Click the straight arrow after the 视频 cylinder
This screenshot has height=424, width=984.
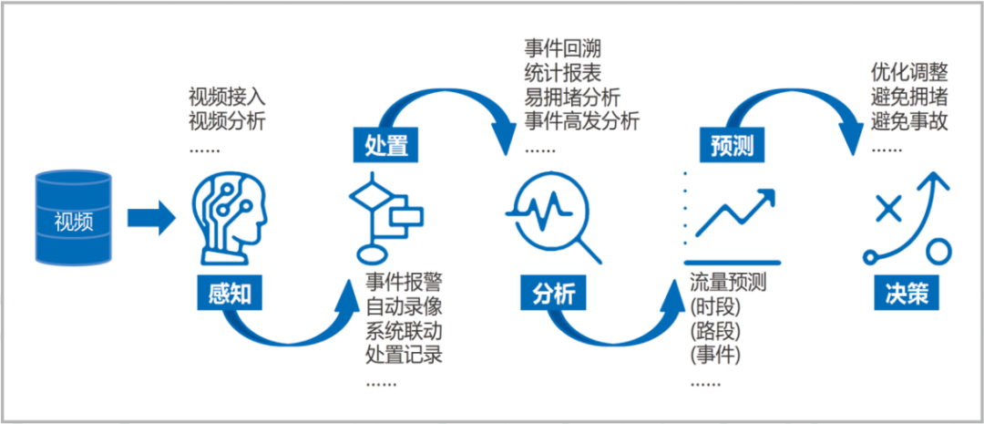coord(151,218)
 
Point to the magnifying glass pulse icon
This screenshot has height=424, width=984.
coord(553,217)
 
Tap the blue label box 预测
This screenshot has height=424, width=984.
coord(732,147)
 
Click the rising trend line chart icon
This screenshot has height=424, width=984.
coord(733,217)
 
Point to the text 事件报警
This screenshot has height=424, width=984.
coord(404,282)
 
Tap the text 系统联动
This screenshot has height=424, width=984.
coord(404,331)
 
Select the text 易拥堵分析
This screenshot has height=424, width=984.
coord(572,98)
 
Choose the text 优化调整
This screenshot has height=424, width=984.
coord(909,72)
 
